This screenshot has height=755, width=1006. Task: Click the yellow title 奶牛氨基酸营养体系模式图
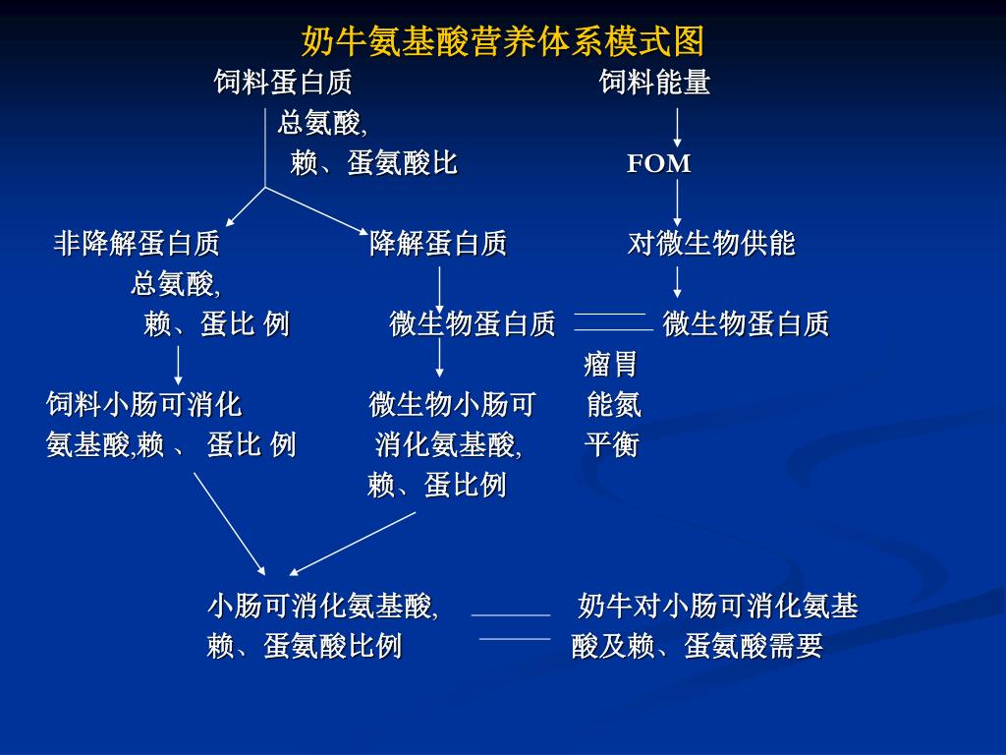[502, 42]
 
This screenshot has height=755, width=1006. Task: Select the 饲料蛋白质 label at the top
[283, 83]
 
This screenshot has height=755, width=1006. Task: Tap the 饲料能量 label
[655, 83]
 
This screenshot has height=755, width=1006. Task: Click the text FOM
[659, 163]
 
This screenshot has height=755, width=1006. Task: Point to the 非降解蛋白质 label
[137, 243]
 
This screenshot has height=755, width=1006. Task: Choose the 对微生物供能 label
[711, 243]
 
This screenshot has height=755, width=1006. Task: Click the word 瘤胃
[611, 365]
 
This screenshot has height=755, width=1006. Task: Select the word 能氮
[614, 404]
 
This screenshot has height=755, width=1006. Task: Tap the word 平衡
[611, 445]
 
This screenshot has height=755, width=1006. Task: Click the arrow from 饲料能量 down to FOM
[677, 127]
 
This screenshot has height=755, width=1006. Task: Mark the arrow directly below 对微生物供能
[677, 282]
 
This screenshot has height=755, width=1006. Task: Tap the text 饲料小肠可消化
[144, 404]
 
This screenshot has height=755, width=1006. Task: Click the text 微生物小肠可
[453, 404]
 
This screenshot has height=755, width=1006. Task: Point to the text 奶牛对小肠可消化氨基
[718, 606]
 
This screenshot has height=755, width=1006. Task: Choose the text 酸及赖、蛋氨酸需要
[697, 646]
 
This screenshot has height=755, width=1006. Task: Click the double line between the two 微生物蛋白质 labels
[611, 321]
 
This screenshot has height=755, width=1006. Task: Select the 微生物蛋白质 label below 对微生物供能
[746, 323]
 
